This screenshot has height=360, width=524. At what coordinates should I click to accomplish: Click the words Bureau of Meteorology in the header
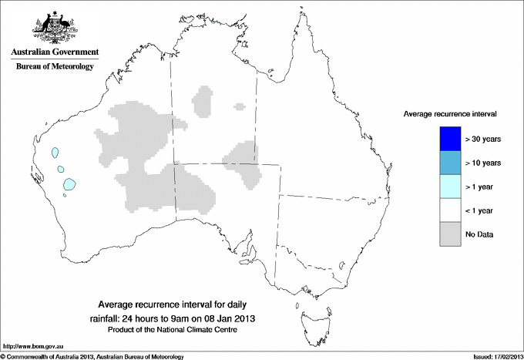(54, 67)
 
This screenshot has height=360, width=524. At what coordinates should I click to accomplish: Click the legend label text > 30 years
(483, 139)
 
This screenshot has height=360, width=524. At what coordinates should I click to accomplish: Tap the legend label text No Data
(480, 234)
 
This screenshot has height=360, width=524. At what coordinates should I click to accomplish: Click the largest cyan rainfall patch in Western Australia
(70, 184)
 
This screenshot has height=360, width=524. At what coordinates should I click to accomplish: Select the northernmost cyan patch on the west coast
(55, 153)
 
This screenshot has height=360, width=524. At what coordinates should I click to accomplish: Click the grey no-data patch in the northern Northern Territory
(204, 100)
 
